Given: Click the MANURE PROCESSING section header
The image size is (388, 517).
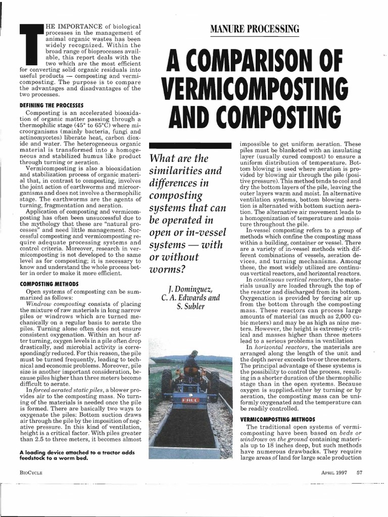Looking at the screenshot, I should click(x=257, y=28).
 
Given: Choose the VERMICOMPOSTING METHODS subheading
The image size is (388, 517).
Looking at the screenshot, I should click(x=277, y=420).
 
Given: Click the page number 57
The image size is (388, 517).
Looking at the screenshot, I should click(x=360, y=473).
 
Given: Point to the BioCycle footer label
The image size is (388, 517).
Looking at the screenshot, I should click(x=30, y=473).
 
